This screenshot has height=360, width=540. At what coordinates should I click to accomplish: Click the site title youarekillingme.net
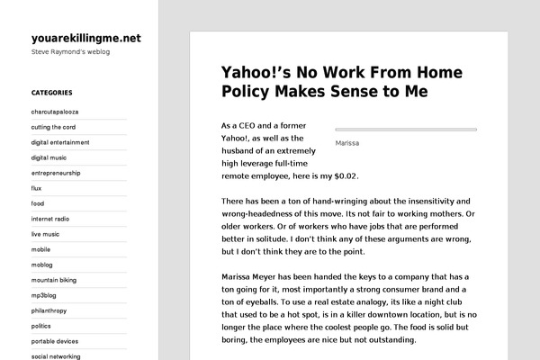85,38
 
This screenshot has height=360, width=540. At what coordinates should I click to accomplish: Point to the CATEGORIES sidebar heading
51,93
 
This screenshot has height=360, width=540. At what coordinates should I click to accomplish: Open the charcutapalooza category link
55,112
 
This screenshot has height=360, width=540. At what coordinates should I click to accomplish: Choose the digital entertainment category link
60,142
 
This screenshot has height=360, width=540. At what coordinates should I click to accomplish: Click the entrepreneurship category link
56,173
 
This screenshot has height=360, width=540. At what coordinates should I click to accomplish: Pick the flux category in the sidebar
37,188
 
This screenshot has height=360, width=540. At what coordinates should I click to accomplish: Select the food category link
38,203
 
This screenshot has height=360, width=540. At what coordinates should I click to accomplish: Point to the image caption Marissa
347,142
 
